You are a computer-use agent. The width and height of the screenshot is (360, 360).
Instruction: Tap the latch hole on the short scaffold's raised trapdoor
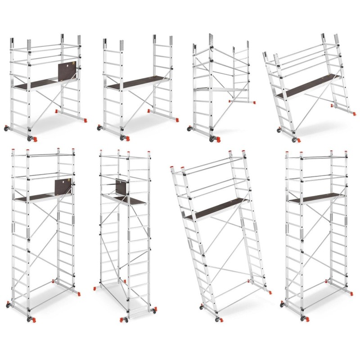tap(69, 65)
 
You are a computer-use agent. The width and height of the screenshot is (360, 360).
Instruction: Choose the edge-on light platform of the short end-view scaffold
tap(220, 90)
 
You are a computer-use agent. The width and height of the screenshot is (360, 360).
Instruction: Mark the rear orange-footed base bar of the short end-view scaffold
tap(238, 101)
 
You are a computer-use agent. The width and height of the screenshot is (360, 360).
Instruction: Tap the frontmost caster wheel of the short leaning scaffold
tap(295, 139)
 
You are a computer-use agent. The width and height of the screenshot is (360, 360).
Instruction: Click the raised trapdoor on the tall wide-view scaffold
tap(63, 187)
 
